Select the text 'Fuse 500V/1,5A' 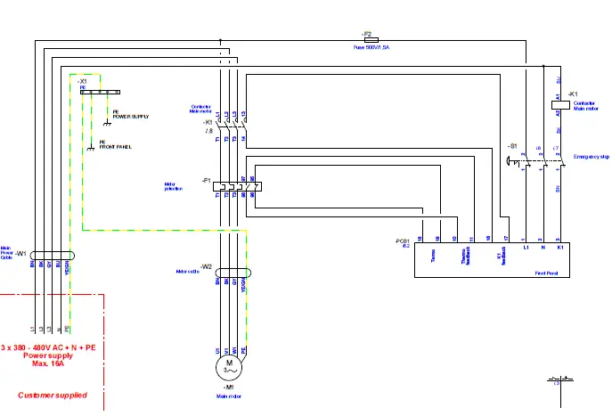(371, 47)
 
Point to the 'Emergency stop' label (592, 156)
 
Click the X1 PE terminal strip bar (99, 91)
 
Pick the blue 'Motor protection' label (175, 187)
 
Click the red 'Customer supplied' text (51, 394)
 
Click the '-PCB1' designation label (404, 241)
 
